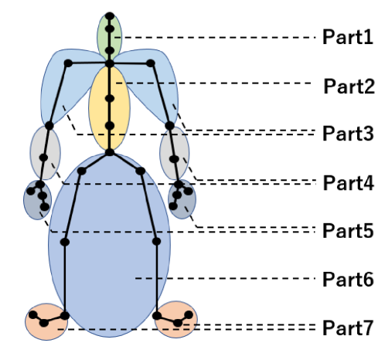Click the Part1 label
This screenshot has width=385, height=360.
pos(348,37)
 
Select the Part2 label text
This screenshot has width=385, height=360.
pos(349,87)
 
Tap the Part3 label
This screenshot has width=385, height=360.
pos(348,134)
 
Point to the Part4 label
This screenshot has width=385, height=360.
pos(348,183)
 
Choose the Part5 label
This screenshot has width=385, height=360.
pos(348,230)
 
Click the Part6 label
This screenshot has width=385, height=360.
pos(348,280)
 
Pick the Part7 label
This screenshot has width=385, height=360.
pos(348,328)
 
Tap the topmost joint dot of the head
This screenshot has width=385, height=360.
pos(110,16)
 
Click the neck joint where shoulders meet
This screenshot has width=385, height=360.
pos(110,63)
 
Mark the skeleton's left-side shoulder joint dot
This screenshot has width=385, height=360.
pos(68,63)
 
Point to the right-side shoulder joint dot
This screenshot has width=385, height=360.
pos(151,63)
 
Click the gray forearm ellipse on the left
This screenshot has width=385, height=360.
pos(46,152)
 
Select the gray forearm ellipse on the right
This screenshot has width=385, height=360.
pos(175,153)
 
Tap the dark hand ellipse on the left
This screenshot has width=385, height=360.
pos(37,200)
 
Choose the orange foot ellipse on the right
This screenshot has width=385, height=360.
pos(176,319)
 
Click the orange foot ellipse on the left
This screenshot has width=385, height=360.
pos(46,321)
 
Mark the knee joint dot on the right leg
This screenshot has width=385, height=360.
pos(156,242)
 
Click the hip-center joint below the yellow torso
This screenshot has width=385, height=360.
pos(110,152)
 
